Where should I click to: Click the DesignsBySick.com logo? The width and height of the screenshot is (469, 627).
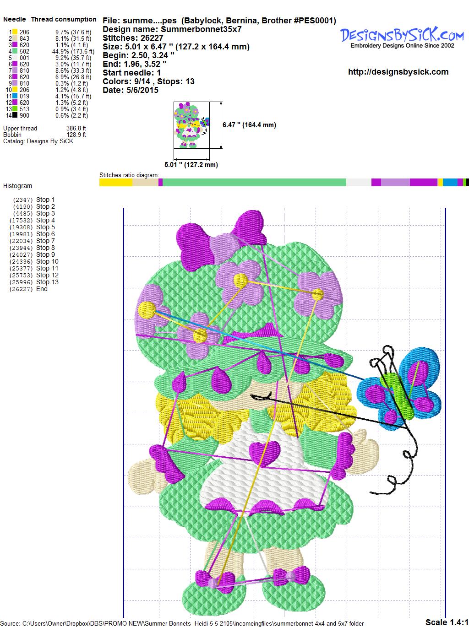pyautogui.click(x=402, y=38)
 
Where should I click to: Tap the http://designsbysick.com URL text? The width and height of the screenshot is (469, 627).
pyautogui.click(x=398, y=72)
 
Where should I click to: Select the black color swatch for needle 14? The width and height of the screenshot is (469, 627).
pyautogui.click(x=15, y=115)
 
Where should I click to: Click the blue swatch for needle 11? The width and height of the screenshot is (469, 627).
pyautogui.click(x=15, y=96)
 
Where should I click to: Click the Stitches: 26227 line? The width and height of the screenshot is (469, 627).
pyautogui.click(x=133, y=38)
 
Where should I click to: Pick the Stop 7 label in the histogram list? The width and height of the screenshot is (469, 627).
pyautogui.click(x=45, y=241)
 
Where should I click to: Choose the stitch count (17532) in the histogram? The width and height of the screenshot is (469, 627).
pyautogui.click(x=21, y=221)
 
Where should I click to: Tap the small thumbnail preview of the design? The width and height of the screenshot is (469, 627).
pyautogui.click(x=192, y=125)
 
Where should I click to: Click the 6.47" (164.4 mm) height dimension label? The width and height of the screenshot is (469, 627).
pyautogui.click(x=249, y=125)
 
